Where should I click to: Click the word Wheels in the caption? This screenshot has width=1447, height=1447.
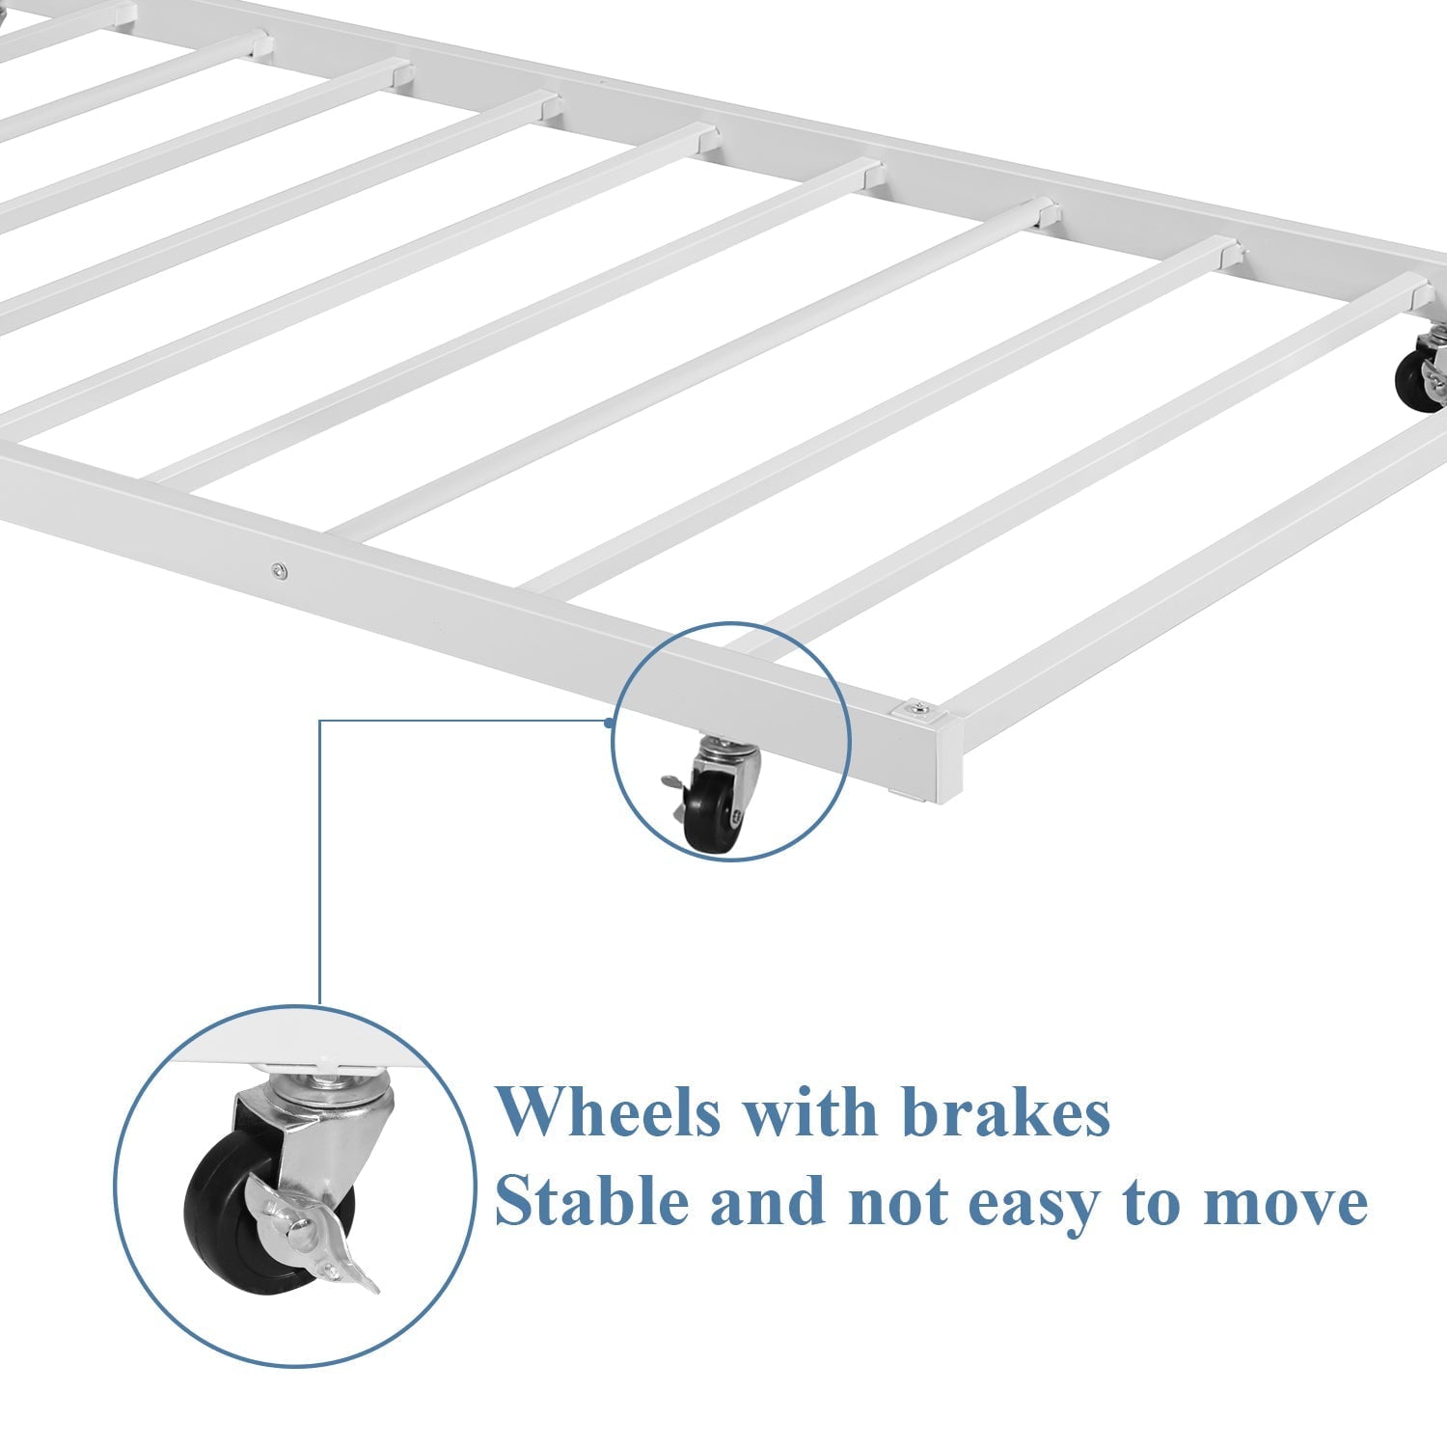click(x=609, y=1111)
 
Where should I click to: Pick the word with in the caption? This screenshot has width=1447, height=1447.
click(x=811, y=1111)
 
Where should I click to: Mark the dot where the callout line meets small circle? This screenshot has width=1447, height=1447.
click(x=610, y=722)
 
